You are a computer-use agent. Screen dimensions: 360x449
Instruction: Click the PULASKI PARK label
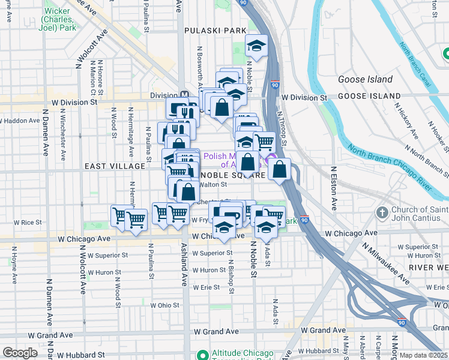pyautogui.click(x=215, y=30)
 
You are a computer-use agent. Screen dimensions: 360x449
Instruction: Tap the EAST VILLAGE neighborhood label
pyautogui.click(x=114, y=166)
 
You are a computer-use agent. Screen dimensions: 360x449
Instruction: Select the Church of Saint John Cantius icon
pyautogui.click(x=382, y=213)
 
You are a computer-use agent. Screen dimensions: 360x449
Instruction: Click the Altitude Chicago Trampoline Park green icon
pyautogui.click(x=202, y=354)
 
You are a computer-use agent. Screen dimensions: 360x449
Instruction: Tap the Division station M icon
pyautogui.click(x=185, y=95)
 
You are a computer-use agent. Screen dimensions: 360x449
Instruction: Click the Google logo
pyautogui.click(x=20, y=353)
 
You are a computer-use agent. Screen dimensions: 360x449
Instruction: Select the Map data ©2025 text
pyautogui.click(x=423, y=355)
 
